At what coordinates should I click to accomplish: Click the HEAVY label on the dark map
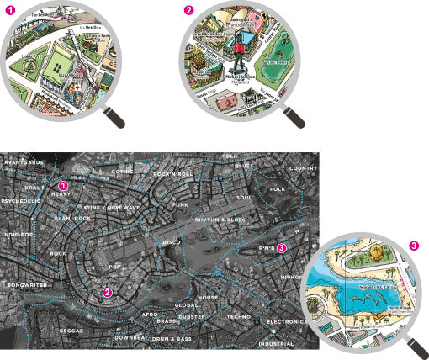point(61,194)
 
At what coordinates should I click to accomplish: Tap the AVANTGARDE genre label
point(23,161)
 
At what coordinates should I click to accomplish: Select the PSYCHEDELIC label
point(19,202)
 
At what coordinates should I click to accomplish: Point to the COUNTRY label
point(302,168)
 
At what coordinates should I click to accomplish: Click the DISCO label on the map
point(171,242)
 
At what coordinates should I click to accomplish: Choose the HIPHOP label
point(292,276)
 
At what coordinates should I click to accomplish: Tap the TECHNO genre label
point(239,316)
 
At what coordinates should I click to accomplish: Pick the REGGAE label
point(71,331)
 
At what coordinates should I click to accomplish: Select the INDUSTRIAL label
point(276,343)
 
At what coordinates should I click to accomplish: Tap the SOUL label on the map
point(244,198)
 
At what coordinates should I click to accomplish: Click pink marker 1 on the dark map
point(62,185)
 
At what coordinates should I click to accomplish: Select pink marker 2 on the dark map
point(107,293)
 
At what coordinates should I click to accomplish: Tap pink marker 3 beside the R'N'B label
point(282,248)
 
